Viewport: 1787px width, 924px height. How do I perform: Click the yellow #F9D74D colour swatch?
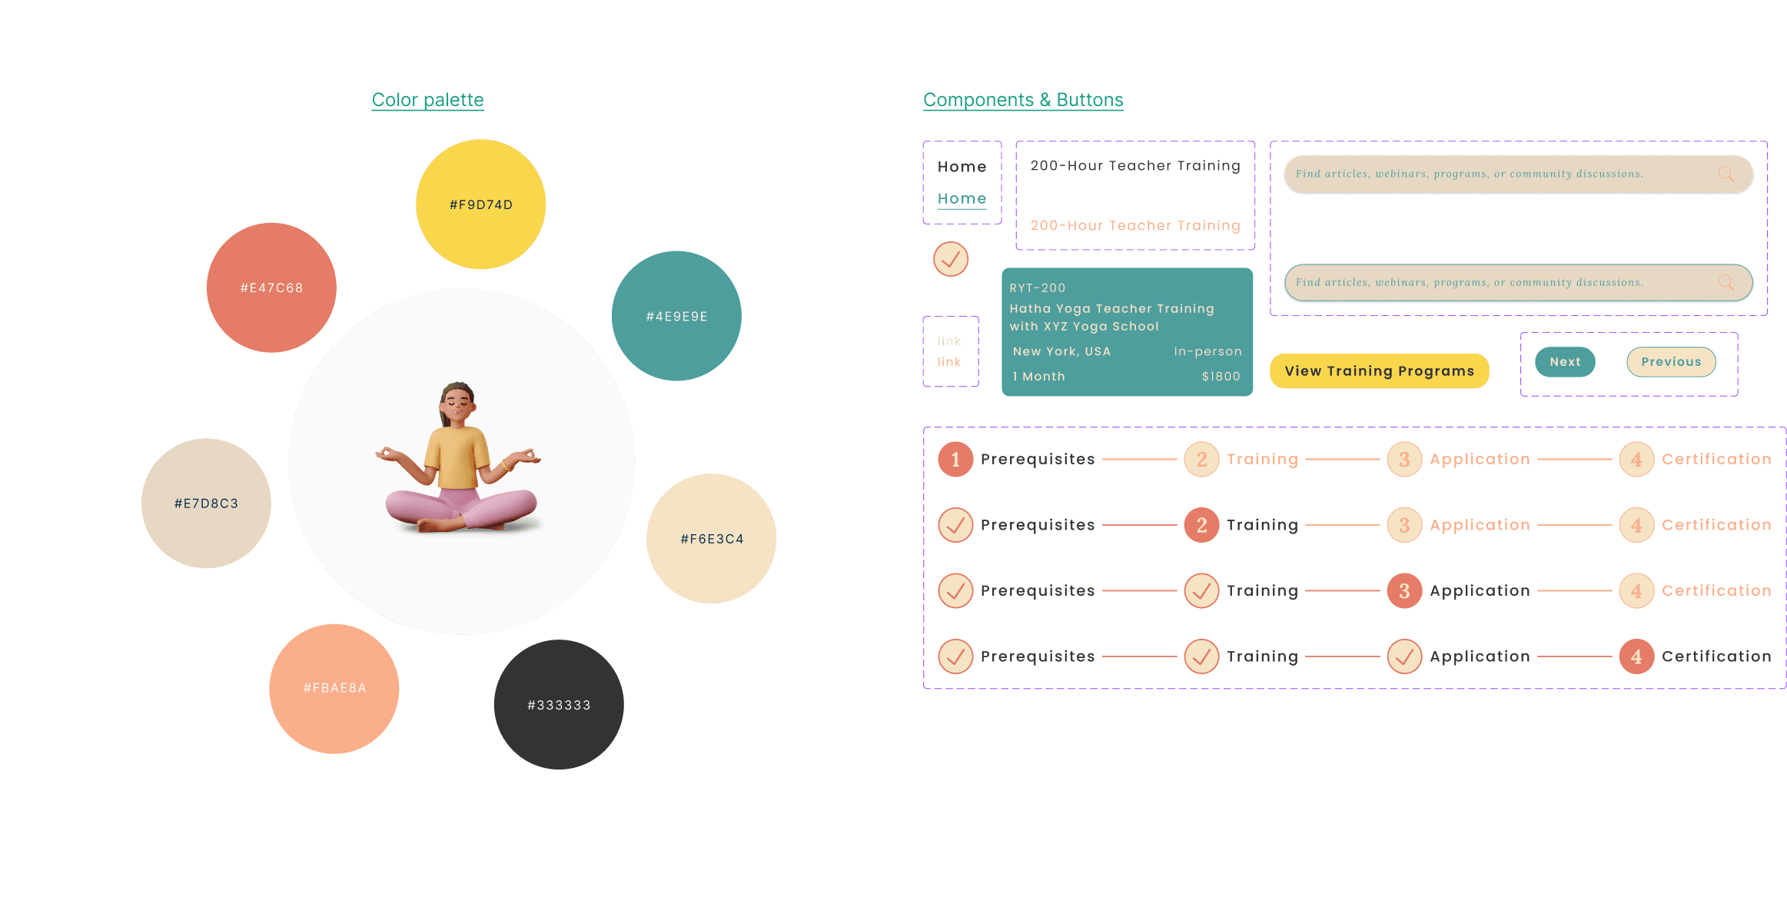pos(480,204)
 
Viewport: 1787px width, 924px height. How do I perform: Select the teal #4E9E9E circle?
pos(676,316)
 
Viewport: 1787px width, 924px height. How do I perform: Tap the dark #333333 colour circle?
pos(559,704)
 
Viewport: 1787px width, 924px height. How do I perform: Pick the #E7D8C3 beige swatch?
pos(206,504)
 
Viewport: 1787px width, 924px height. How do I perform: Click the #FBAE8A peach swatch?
pos(334,688)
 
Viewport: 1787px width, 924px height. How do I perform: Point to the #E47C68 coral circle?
pos(271,288)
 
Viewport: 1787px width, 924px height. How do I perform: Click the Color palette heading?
pos(427,100)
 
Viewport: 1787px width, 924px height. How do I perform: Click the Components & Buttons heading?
pos(1022,100)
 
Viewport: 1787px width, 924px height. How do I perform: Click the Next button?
pos(1565,362)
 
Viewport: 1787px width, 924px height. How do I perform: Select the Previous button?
pos(1671,362)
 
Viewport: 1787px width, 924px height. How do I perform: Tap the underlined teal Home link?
pos(962,198)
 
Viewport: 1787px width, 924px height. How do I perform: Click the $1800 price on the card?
pos(1221,377)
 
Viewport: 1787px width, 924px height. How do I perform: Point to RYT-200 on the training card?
pos(1037,288)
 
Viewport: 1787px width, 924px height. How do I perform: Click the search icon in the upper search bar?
pos(1726,174)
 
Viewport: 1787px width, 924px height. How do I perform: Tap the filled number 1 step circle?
pos(955,460)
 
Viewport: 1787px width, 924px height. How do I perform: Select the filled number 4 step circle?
pos(1636,656)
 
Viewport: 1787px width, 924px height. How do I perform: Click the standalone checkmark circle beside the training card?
pos(951,259)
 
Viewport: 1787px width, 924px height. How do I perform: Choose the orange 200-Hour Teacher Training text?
pos(1135,225)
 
